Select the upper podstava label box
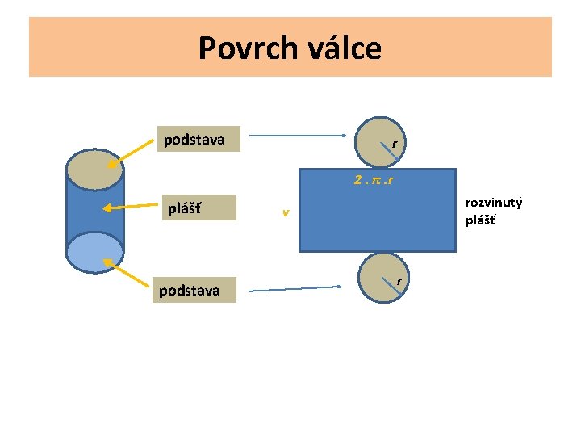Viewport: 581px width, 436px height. tap(194, 140)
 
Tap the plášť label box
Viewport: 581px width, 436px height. tap(196, 208)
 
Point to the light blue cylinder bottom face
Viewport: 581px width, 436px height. tap(95, 252)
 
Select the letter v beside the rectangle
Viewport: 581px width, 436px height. tap(286, 213)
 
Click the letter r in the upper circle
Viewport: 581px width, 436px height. tap(393, 144)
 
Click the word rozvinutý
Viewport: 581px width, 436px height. tap(494, 202)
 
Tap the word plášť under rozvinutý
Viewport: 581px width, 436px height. tap(480, 219)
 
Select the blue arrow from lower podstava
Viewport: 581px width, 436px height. tap(295, 287)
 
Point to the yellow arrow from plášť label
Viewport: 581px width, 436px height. tap(132, 207)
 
